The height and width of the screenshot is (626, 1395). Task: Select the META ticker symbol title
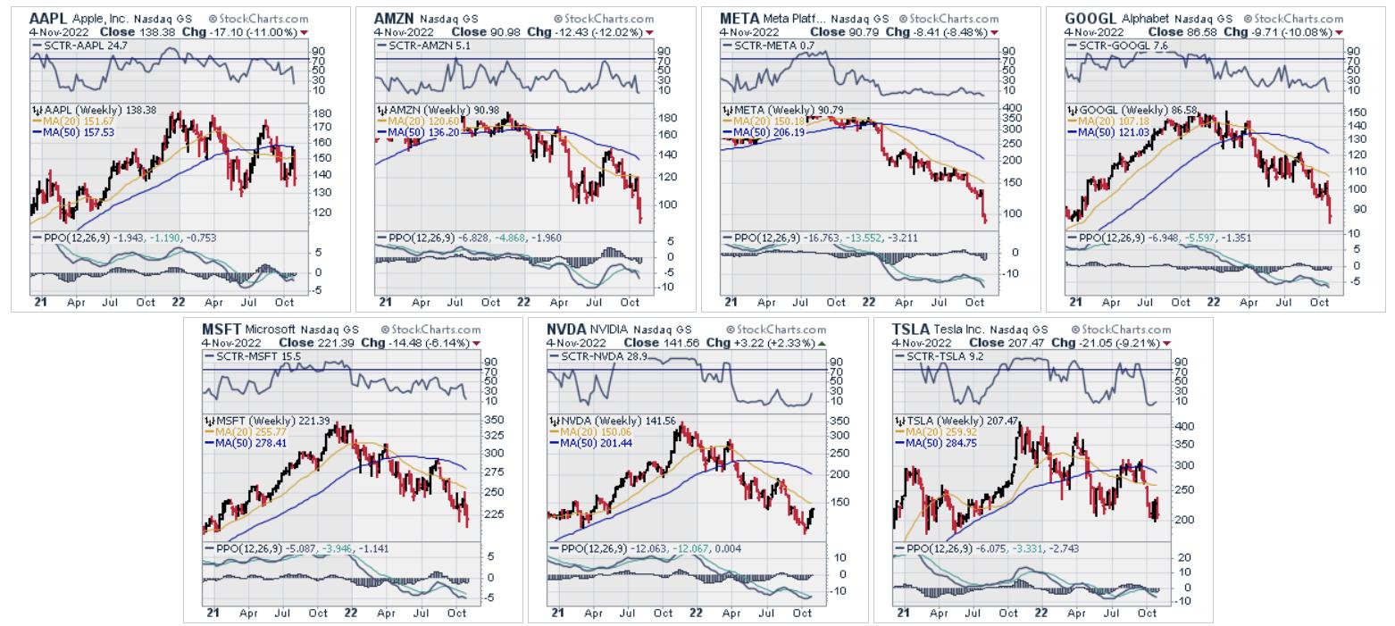(739, 18)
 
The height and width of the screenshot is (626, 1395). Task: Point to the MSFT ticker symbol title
(221, 329)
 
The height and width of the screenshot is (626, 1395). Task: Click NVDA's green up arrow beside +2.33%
(822, 343)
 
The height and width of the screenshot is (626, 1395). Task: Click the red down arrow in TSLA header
(1166, 343)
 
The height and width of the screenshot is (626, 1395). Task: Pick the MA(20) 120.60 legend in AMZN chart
(417, 121)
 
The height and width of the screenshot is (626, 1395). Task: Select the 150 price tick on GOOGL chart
(1357, 112)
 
